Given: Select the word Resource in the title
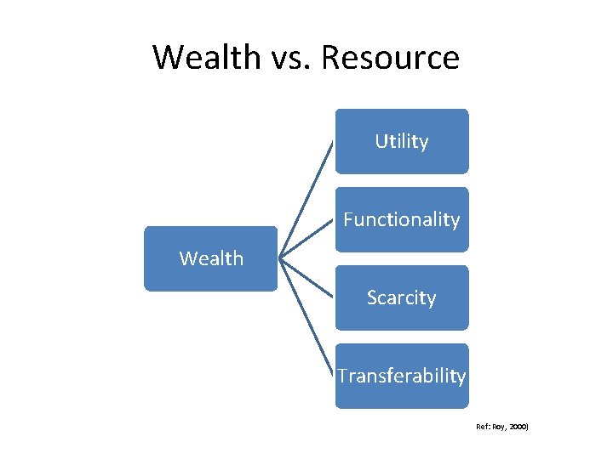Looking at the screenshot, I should click(391, 58).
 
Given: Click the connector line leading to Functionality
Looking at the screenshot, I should click(306, 237).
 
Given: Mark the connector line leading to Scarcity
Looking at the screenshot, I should click(306, 278).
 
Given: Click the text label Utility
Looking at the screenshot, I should click(402, 141).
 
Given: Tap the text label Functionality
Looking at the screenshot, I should click(402, 219).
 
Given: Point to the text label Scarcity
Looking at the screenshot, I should click(402, 297).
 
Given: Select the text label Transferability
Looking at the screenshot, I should click(402, 376).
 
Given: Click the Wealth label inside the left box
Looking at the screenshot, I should click(211, 258).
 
